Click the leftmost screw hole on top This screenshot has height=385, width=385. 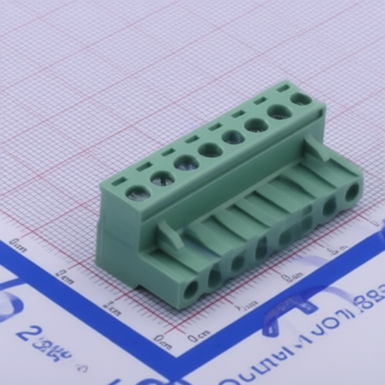(x=138, y=192)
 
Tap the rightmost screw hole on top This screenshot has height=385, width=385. (x=301, y=99)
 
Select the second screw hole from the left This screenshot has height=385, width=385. (x=162, y=178)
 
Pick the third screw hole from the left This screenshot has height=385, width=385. (x=186, y=163)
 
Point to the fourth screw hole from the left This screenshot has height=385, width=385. (x=210, y=150)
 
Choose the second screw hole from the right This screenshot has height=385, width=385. (x=279, y=112)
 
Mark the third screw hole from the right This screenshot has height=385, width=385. (x=256, y=125)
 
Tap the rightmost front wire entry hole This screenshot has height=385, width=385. (x=351, y=192)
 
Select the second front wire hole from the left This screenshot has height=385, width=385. (x=215, y=277)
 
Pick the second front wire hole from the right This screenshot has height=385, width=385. (x=329, y=206)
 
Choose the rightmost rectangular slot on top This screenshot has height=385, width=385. (x=283, y=88)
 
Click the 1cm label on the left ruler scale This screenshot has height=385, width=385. (x=112, y=308)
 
